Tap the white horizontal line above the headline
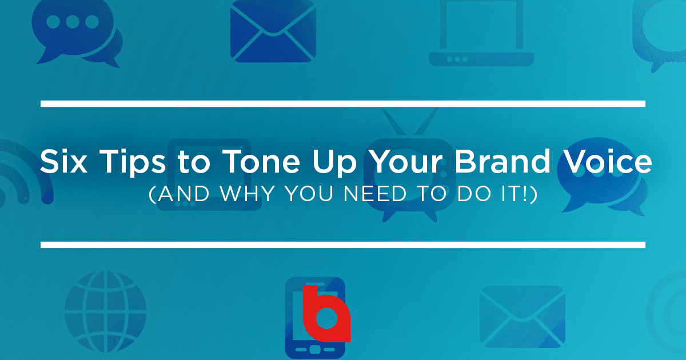(343, 103)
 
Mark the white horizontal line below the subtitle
(343, 245)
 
